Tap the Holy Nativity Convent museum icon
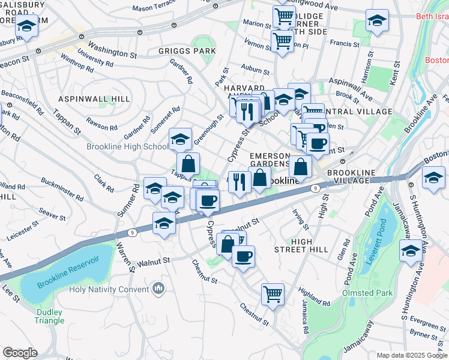tap(158, 289)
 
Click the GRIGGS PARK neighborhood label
tap(187, 51)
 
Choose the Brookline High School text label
tap(127, 146)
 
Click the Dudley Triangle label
tap(50, 316)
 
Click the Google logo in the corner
tap(20, 353)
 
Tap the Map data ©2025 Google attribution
tap(411, 355)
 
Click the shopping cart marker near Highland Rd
tap(273, 295)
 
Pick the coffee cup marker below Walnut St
tap(243, 257)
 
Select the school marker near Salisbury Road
tap(26, 26)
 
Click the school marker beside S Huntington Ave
tap(411, 251)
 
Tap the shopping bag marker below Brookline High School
tap(188, 163)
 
